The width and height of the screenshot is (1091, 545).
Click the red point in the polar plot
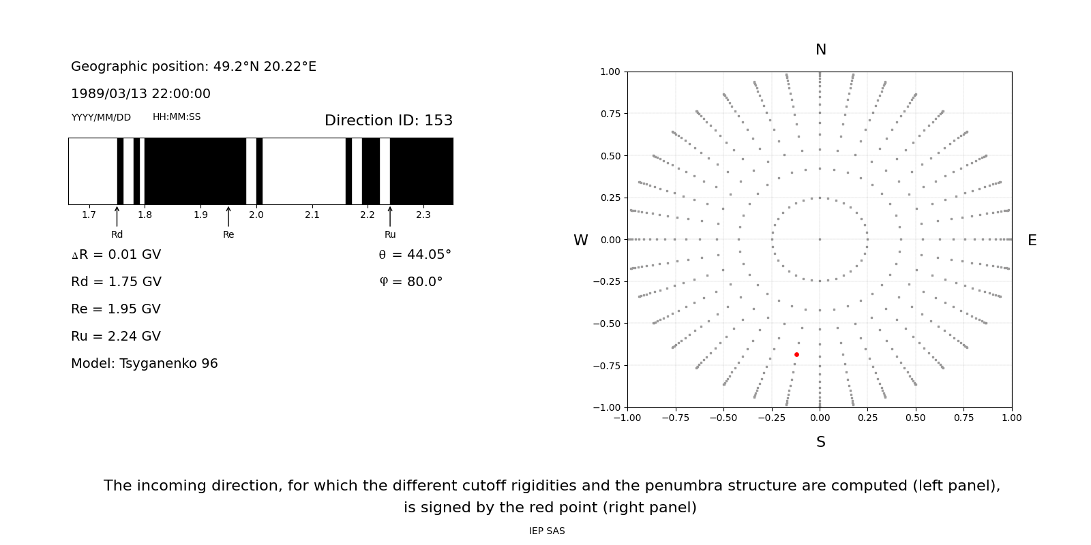coord(796,354)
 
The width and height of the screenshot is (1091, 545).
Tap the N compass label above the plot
coord(821,50)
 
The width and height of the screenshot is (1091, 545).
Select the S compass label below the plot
coord(821,442)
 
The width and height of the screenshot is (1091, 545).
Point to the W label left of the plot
coord(580,240)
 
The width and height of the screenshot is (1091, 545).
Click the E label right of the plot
coord(1032,240)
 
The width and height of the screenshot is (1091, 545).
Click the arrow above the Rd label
coord(117,216)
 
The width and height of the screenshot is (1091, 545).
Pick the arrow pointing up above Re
coord(228,216)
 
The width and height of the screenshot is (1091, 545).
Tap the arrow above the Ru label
coord(390,216)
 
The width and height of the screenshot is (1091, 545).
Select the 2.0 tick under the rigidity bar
coord(256,215)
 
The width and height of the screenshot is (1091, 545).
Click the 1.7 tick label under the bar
coord(89,215)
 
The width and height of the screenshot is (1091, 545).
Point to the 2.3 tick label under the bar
coord(423,215)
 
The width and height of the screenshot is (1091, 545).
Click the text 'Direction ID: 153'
coord(389,121)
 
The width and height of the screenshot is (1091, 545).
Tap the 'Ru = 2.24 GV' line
coord(116,337)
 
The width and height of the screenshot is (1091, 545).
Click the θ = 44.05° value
coord(415,255)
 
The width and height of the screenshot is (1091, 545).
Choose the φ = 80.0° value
coord(411,282)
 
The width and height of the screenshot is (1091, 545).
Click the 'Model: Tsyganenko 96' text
coord(145,364)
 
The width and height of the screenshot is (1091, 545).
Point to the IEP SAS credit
coord(547,531)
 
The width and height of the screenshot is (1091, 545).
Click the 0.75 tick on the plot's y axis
coord(610,114)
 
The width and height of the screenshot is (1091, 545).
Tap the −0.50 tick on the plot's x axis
coord(723,418)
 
